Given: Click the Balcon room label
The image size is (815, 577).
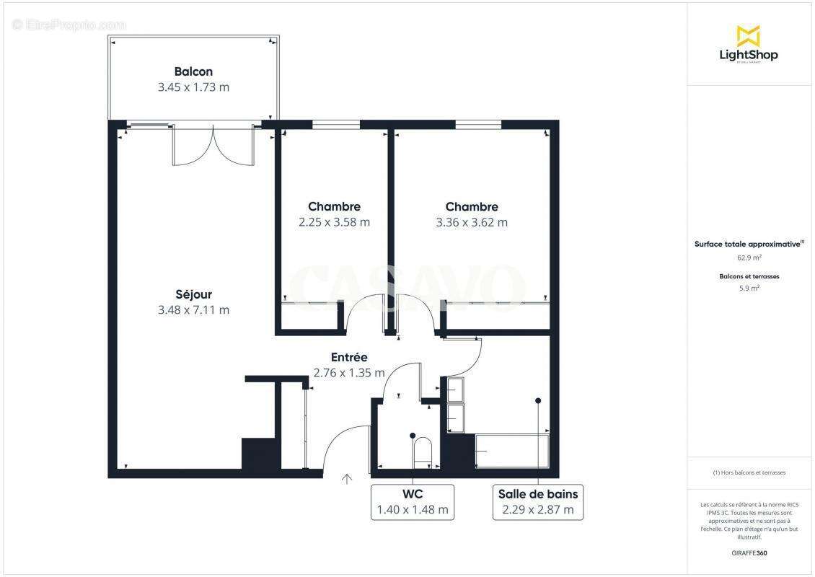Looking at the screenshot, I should tap(193, 71).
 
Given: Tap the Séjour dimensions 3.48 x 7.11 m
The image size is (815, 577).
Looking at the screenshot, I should tap(193, 310).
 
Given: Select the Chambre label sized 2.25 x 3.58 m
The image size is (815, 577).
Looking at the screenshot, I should tap(334, 206).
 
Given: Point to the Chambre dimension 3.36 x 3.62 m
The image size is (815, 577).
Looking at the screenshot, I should tap(472, 222).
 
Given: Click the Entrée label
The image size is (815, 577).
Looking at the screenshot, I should tap(349, 357).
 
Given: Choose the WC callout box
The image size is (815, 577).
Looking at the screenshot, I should tap(413, 502).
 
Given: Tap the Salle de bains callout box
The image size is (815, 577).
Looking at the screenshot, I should tap(538, 502).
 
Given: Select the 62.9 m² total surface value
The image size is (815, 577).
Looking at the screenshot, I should tap(749, 257).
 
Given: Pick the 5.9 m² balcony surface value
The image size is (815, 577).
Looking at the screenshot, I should tap(749, 288).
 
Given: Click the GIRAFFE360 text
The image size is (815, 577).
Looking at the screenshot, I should tap(749, 553).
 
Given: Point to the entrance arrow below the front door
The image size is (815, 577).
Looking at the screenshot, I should tap(347, 477).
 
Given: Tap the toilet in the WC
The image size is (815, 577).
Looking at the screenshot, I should tap(421, 451).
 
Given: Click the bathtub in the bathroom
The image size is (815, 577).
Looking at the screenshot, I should tap(512, 451).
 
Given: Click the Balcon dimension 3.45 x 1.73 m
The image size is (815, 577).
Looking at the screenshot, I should tap(193, 87).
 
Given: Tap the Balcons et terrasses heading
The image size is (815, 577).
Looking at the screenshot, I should tap(749, 276).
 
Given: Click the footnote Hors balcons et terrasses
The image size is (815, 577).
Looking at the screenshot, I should tap(749, 472).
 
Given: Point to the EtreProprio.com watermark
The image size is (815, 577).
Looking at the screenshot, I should tap(69, 25).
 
